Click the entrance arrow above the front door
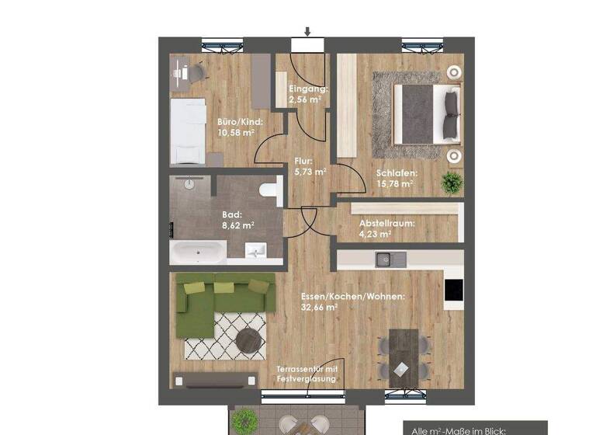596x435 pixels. pyautogui.click(x=308, y=32)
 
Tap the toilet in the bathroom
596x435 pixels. pyautogui.click(x=269, y=187)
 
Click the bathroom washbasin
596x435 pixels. pyautogui.click(x=255, y=249)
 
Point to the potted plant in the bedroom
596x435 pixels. pyautogui.click(x=451, y=183)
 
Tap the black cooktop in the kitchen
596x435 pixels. pyautogui.click(x=453, y=291)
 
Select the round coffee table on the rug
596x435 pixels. pyautogui.click(x=250, y=339)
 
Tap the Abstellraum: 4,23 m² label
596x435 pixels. pyautogui.click(x=386, y=228)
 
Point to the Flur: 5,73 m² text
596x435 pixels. pyautogui.click(x=310, y=167)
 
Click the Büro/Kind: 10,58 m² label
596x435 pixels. pyautogui.click(x=240, y=127)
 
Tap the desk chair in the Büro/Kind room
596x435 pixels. pyautogui.click(x=196, y=72)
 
